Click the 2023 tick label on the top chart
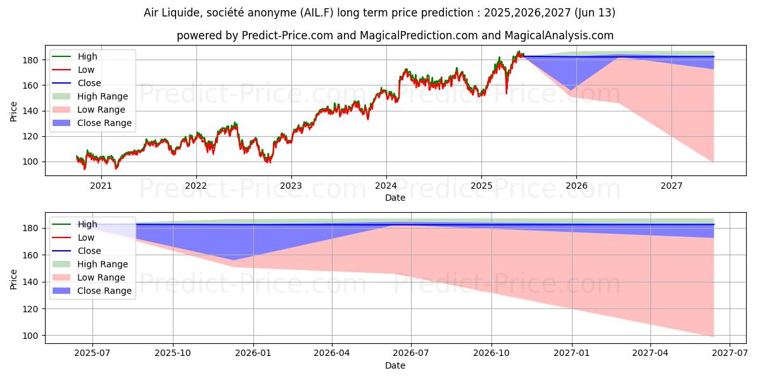291,186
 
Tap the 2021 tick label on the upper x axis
101,186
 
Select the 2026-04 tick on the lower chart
331,353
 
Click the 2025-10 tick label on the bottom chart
173,353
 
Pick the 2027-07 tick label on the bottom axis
730,353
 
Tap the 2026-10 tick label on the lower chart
491,353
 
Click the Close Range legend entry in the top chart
104,123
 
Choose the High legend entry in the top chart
87,56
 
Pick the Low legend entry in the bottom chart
86,237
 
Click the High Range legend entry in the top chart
103,96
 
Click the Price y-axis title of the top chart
14,111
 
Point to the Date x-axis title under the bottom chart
395,365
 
